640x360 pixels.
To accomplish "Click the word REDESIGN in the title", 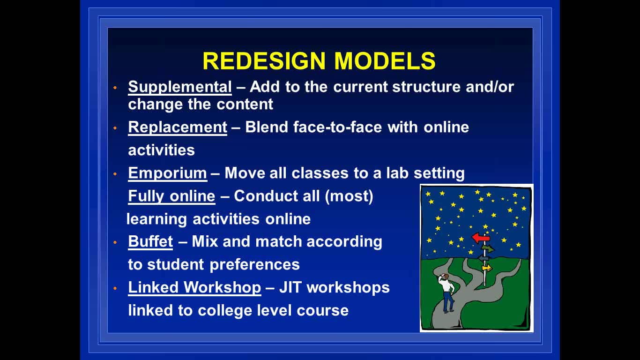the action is [264, 61].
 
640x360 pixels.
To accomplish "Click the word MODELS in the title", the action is [385, 61].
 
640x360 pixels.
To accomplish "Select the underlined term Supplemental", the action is [180, 87].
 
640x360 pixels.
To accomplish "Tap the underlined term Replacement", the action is [178, 127].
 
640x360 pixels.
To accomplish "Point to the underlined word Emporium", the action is [167, 173].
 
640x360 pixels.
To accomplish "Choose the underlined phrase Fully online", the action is [171, 196].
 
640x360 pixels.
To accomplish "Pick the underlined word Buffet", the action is [150, 241].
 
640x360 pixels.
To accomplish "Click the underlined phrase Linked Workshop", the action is [194, 287].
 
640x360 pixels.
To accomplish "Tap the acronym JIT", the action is [290, 287].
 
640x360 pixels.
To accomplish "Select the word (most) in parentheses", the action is [349, 196].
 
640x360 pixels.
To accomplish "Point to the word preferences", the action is [254, 265].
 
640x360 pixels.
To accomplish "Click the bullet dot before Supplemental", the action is [115, 88].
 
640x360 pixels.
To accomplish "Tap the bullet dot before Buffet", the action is [115, 242].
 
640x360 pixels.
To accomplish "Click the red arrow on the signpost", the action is [481, 238].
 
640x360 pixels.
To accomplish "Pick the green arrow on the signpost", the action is [488, 249].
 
